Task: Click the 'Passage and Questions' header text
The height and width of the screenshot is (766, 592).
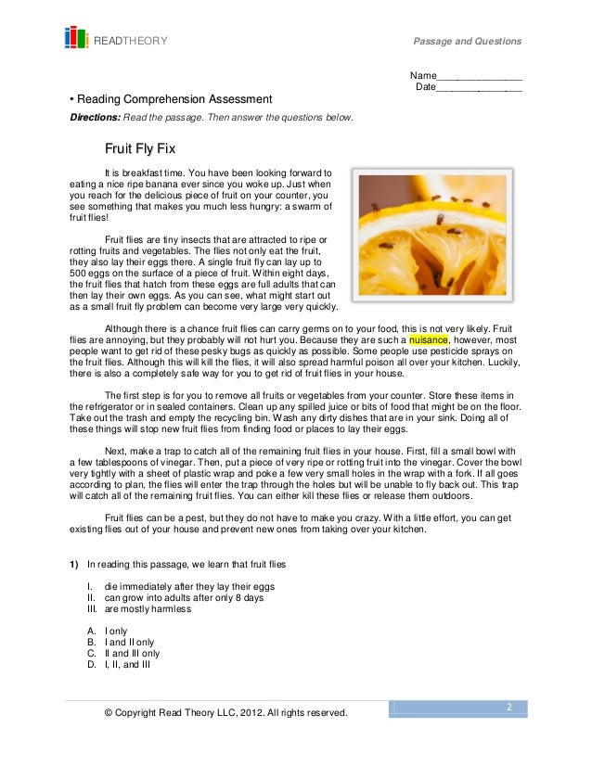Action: coord(468,42)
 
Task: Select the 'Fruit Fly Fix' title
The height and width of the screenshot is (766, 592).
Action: coord(140,148)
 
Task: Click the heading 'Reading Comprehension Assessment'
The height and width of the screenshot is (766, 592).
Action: coord(174,99)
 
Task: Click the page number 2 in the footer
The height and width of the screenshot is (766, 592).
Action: coord(508,707)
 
